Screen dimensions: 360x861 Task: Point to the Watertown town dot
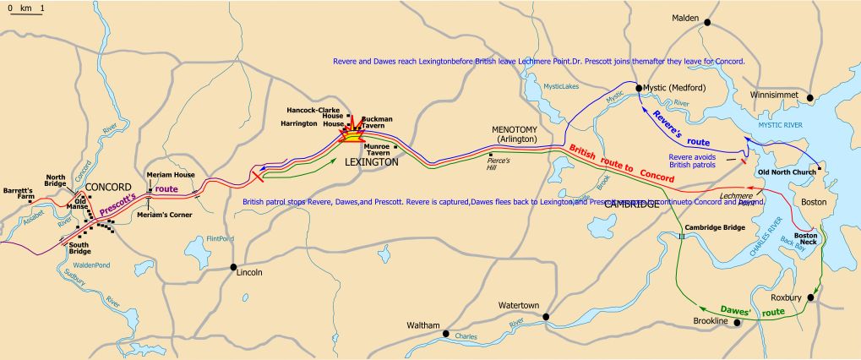click(x=546, y=317)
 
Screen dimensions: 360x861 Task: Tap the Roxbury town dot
click(x=810, y=298)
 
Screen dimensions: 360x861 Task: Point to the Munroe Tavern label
click(x=377, y=149)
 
